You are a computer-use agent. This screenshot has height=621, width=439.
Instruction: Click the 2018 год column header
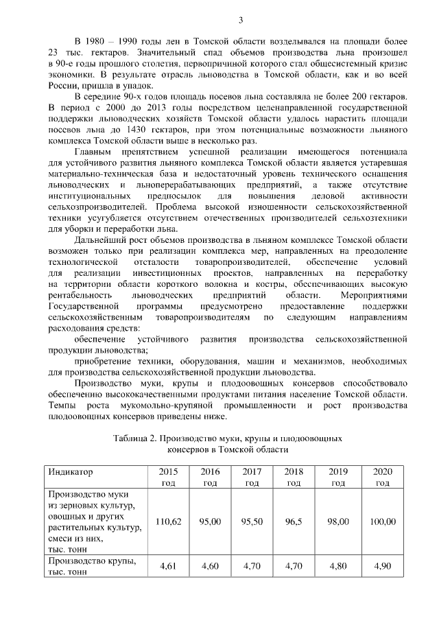tap(294, 477)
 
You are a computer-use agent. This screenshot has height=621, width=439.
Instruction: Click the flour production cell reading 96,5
tap(294, 522)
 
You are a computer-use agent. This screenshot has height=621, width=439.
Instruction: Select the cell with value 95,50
tap(252, 522)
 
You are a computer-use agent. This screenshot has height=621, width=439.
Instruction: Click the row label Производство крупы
tap(93, 562)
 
